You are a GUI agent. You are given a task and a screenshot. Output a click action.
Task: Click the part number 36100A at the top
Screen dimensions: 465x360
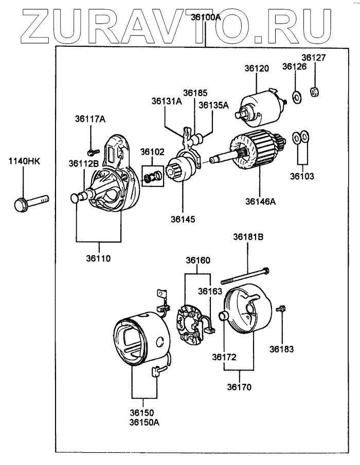click(205, 16)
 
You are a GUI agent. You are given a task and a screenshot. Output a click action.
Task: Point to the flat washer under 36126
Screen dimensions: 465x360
click(296, 96)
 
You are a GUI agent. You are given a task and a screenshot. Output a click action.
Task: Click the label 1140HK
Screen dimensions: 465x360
click(23, 162)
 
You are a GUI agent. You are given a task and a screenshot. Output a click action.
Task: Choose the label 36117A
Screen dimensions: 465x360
click(91, 119)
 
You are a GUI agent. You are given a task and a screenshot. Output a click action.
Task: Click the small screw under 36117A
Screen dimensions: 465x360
click(93, 152)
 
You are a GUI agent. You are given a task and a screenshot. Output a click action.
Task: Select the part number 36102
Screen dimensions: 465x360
click(153, 152)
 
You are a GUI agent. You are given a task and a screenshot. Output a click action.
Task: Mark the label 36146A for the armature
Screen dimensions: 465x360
click(260, 201)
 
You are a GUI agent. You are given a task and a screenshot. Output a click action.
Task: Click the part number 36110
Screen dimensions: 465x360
click(98, 258)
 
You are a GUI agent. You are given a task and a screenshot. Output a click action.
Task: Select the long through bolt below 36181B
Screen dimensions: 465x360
click(245, 276)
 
